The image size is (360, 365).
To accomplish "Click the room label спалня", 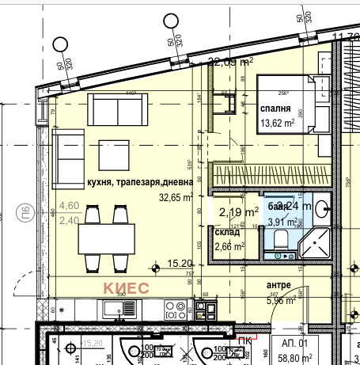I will click(275, 109).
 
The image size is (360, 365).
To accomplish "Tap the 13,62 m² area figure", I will click(277, 123).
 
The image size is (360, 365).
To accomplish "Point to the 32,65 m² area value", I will click(176, 198).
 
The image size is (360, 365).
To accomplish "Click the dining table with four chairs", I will click(105, 236).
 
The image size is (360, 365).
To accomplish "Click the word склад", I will click(227, 233).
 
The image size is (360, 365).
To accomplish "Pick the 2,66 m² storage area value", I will click(229, 245).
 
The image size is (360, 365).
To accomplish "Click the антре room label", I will click(279, 286).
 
